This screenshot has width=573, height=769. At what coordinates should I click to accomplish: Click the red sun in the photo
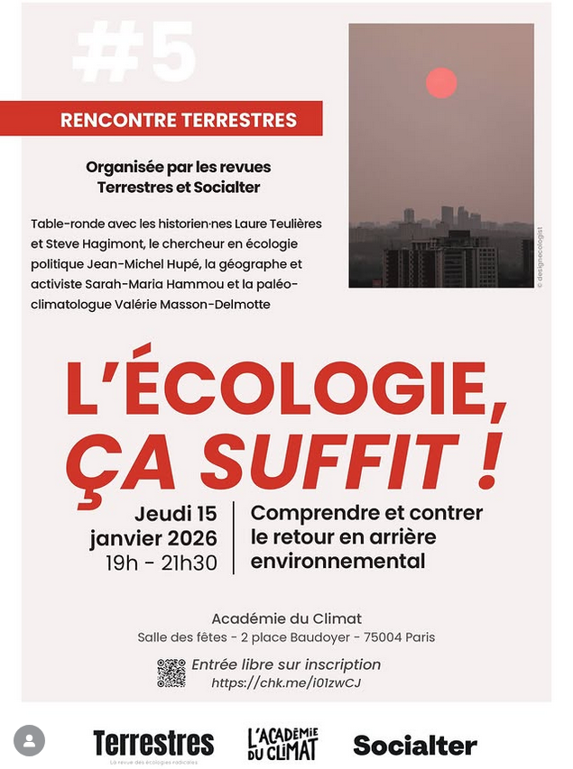click(x=441, y=83)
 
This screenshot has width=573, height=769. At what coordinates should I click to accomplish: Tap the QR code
click(x=171, y=673)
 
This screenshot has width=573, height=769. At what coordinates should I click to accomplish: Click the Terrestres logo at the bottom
click(x=153, y=745)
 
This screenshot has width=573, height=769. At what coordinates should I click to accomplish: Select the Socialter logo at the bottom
click(x=415, y=746)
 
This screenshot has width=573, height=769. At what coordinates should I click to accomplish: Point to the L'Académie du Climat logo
click(x=283, y=744)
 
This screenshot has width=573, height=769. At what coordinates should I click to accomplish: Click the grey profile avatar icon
click(x=29, y=741)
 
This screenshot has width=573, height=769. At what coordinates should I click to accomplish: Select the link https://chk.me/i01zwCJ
click(x=286, y=683)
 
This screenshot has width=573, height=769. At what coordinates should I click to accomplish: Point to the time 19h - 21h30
click(x=162, y=563)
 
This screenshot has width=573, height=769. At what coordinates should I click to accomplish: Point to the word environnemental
click(x=337, y=562)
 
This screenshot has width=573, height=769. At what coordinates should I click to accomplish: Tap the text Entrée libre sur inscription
click(x=286, y=664)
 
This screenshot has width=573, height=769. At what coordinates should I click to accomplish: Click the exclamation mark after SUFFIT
click(x=490, y=458)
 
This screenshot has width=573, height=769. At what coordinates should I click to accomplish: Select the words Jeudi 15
click(x=176, y=514)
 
